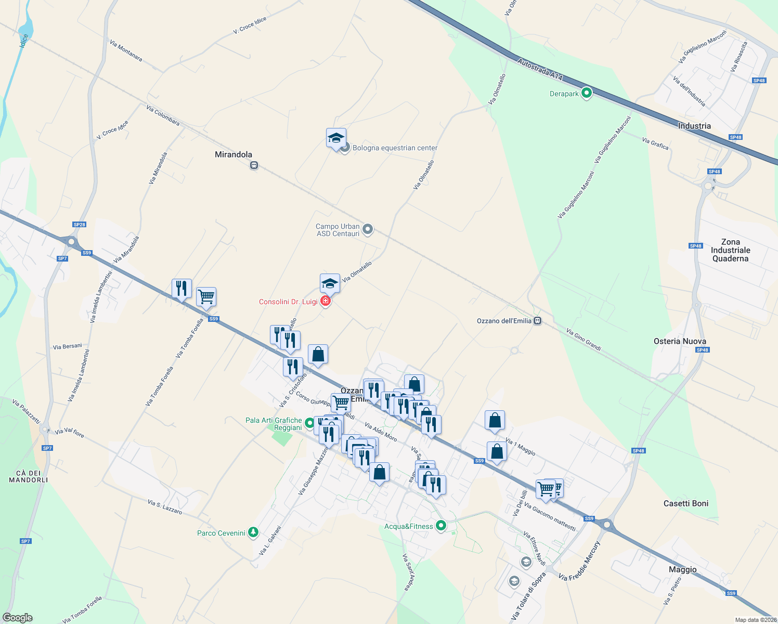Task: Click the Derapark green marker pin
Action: tap(587, 94)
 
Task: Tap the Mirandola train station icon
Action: tap(254, 165)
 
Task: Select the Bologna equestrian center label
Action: tap(395, 148)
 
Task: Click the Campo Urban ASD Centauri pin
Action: tap(368, 229)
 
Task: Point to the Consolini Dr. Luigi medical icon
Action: tap(326, 301)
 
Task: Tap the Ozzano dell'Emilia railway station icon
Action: tap(538, 321)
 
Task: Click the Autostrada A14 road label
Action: tap(540, 70)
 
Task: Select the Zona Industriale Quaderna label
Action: tap(730, 250)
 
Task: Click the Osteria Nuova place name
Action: tap(680, 341)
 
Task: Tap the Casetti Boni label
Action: tap(685, 503)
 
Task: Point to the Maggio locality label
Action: tap(682, 569)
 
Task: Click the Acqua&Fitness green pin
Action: tap(441, 526)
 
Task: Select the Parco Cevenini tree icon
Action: tap(253, 532)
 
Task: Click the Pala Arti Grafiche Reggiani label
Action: tap(274, 424)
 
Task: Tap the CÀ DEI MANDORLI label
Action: tap(29, 476)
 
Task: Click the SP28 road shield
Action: tap(79, 225)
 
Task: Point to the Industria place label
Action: tap(694, 126)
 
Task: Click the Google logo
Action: tap(18, 618)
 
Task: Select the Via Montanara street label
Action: tap(126, 50)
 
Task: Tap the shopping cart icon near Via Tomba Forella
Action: tap(206, 297)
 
